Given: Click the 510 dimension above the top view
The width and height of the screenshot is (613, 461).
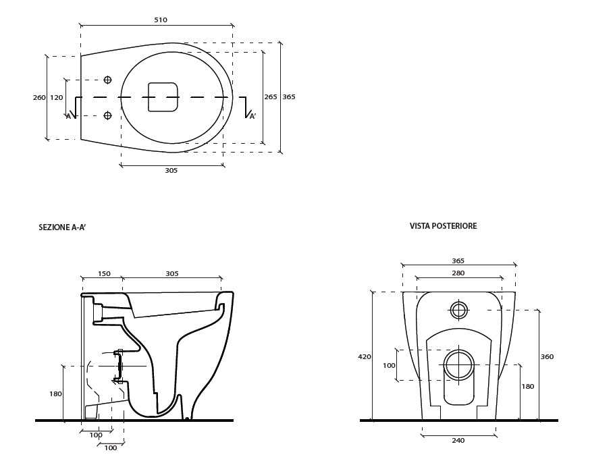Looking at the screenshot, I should point(160,20).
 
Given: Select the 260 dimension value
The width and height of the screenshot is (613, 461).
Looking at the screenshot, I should point(39,97).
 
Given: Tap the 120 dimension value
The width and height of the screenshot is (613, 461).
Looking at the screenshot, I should point(57,97).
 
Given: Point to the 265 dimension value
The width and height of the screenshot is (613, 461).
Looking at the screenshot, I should point(270,97).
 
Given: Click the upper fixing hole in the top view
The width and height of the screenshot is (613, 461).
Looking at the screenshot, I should point(107,80).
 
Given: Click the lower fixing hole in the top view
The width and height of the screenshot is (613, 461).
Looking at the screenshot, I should point(107,115).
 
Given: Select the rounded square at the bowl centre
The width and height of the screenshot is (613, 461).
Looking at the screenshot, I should point(163,97).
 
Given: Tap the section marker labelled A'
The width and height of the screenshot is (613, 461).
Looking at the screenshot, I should point(252,116).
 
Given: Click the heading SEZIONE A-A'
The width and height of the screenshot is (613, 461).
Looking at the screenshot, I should point(62,228).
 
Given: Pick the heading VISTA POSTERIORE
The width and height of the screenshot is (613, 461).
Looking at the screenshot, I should point(443,226).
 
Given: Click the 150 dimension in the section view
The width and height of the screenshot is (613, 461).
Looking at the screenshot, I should point(104,273).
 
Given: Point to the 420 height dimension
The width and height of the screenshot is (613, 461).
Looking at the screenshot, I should point(365,356).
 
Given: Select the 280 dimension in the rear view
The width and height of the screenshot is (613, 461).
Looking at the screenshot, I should point(458,273).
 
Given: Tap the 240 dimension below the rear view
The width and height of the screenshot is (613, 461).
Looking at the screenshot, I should point(458,441).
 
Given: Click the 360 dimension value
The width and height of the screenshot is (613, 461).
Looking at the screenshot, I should point(547,356).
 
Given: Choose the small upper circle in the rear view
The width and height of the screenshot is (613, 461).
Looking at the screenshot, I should point(459,310).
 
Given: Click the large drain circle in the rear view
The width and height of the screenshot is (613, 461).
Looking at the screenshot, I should point(459,364).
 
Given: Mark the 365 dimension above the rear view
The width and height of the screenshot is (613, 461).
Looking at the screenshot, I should point(458,261).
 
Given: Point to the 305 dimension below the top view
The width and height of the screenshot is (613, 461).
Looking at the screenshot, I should point(171,170).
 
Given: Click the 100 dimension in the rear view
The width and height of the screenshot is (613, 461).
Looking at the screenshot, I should point(389,365).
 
